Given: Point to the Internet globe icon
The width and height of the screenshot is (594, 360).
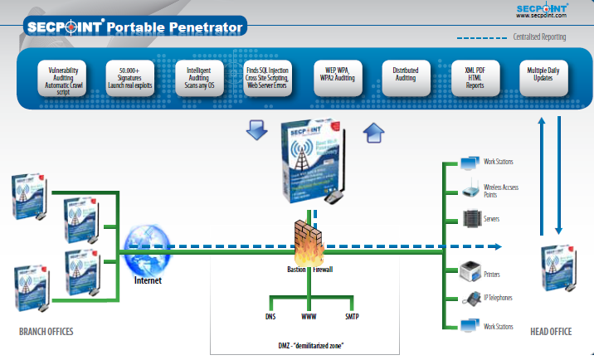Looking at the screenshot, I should click(147, 250).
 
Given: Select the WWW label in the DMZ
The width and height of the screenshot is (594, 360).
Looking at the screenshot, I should click(307, 316).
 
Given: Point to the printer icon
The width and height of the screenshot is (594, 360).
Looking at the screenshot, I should click(470, 270).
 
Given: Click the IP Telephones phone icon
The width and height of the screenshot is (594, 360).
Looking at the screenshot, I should click(470, 299).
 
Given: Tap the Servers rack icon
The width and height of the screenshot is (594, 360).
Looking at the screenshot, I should click(470, 218).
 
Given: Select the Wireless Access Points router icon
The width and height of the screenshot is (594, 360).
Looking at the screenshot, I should click(470, 189).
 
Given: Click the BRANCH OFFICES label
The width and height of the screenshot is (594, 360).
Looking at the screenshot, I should click(46, 332).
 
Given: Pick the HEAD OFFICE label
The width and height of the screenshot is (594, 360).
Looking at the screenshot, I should click(551, 332).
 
